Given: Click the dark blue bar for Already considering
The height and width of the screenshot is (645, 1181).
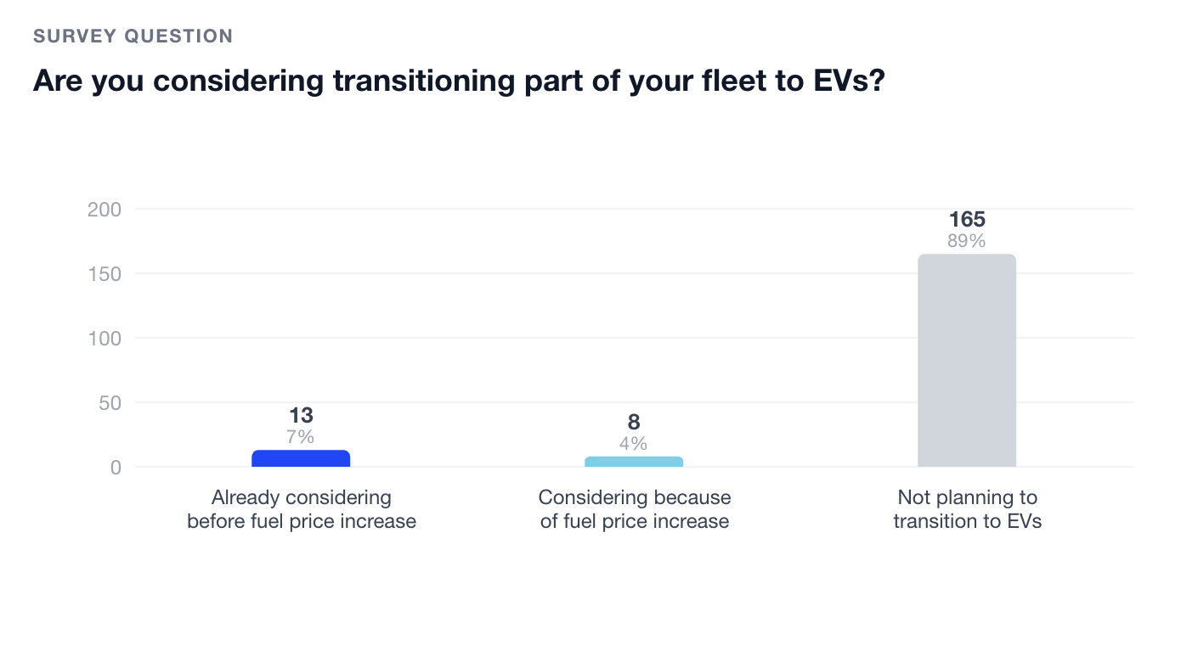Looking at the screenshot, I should coord(301,458).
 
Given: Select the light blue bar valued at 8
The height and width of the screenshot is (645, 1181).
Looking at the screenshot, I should coord(634,462).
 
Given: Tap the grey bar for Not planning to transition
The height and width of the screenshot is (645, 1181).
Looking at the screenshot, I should coord(967,361).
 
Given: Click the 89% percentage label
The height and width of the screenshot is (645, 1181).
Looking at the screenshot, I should coord(967,241).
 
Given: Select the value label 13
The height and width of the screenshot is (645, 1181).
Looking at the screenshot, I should coord(301,416).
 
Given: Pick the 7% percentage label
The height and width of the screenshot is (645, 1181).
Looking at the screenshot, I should coord(301,437).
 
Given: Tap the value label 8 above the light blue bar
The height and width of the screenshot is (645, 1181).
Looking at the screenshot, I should coord(634,423).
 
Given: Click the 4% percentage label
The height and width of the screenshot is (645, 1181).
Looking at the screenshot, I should coord(634,444).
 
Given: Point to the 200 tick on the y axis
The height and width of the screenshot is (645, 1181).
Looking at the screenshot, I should coord(105,210).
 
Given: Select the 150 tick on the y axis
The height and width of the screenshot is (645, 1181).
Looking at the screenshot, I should coord(105,274).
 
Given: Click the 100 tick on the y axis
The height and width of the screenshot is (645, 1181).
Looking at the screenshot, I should coord(105,339).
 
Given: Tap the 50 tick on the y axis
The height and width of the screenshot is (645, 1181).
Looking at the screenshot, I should coord(110,403).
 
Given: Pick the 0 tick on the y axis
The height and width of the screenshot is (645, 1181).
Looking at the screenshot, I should coord(116,468).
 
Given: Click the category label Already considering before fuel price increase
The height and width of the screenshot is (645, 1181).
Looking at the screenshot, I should coord(301,509).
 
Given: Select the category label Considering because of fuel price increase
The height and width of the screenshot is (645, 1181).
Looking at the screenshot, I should coord(634,509).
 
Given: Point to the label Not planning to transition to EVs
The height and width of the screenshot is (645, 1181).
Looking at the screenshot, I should coord(967,509).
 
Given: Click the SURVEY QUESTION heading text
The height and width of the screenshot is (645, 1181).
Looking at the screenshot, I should coord(133,36).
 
